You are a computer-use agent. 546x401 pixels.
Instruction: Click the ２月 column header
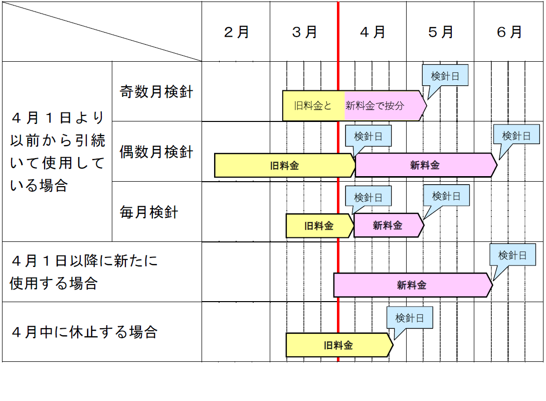pyautogui.click(x=236, y=32)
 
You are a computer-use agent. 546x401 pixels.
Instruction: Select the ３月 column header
pyautogui.click(x=304, y=32)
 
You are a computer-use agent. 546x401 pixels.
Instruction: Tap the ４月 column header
pyautogui.click(x=373, y=32)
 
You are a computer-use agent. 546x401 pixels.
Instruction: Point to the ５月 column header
pyautogui.click(x=440, y=32)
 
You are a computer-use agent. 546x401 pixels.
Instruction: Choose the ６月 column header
pyautogui.click(x=509, y=32)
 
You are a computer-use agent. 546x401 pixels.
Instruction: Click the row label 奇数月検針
pyautogui.click(x=156, y=92)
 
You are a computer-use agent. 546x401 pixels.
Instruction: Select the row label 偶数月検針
pyautogui.click(x=156, y=152)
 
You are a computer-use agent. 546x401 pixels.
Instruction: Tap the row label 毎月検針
pyautogui.click(x=149, y=212)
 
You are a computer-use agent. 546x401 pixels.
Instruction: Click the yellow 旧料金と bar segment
pyautogui.click(x=313, y=106)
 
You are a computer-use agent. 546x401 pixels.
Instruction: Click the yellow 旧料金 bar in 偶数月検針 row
pyautogui.click(x=284, y=166)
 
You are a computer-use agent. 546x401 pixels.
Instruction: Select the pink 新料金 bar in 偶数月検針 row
pyautogui.click(x=425, y=166)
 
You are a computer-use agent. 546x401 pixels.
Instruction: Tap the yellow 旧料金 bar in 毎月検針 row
pyautogui.click(x=319, y=226)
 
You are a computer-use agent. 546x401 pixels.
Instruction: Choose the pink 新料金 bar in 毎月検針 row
pyautogui.click(x=388, y=226)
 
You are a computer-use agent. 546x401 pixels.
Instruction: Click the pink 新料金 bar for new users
pyautogui.click(x=412, y=286)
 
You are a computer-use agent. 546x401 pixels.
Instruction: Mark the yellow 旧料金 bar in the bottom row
pyautogui.click(x=338, y=345)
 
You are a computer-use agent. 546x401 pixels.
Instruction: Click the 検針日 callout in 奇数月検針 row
pyautogui.click(x=445, y=76)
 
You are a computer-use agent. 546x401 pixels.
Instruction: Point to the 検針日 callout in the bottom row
pyautogui.click(x=410, y=318)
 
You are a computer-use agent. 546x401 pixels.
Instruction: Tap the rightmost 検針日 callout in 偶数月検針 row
pyautogui.click(x=516, y=136)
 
